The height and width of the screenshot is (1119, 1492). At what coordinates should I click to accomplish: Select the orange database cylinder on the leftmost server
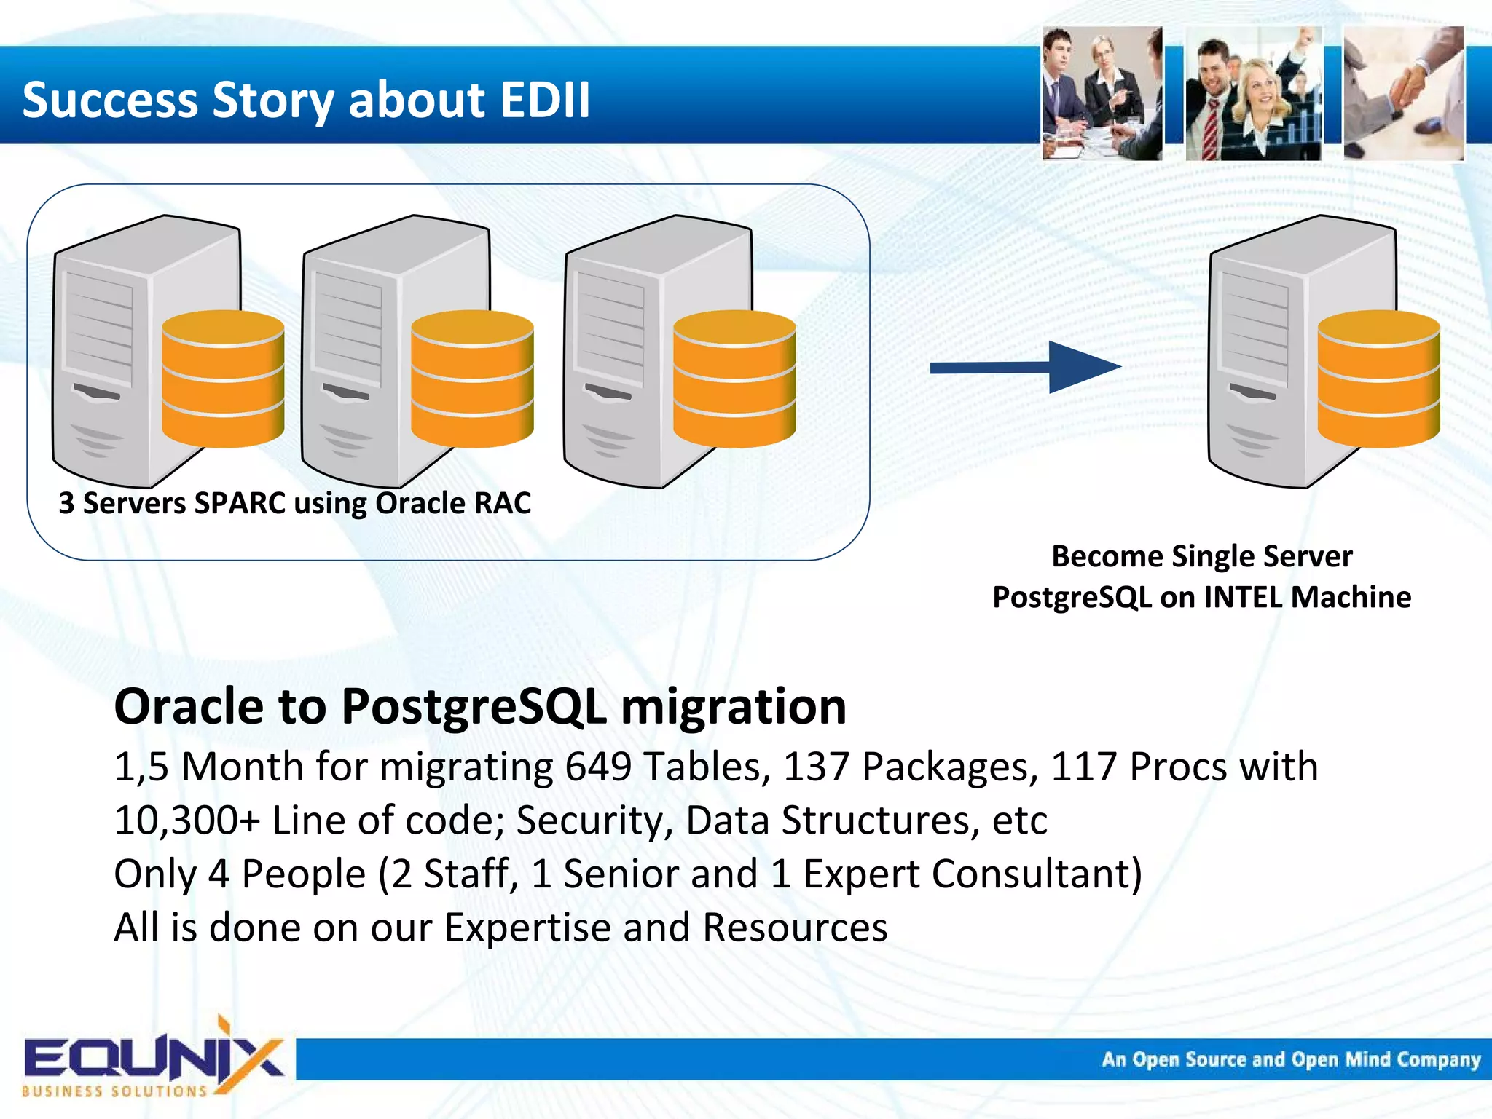coord(222,379)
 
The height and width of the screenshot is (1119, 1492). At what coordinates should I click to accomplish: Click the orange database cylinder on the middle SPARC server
coord(472,379)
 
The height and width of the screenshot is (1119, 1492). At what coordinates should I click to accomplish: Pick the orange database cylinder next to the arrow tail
coord(734,379)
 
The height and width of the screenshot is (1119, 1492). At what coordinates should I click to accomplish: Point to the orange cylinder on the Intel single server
coord(1378,379)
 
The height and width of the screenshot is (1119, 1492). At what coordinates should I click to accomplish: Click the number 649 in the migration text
coord(598,767)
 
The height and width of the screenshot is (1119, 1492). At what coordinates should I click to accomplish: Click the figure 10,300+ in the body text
coord(187,821)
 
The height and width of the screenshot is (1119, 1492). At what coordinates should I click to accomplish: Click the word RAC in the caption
coord(503,503)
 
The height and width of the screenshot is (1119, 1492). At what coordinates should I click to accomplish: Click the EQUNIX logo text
coord(153,1058)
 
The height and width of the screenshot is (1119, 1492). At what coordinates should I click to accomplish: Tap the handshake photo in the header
coord(1402,93)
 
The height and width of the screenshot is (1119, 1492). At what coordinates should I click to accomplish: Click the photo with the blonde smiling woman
coord(1253,93)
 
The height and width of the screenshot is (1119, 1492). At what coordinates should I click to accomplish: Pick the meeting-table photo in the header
coord(1102,93)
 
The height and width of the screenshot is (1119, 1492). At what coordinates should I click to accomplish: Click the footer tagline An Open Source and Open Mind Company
coord(1290,1059)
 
